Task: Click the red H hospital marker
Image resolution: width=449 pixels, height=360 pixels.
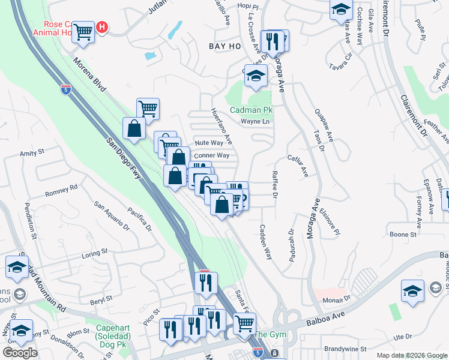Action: [x=103, y=27]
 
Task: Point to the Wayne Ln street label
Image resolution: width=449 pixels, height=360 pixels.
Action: [x=253, y=121]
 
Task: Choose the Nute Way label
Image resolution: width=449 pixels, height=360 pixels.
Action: [x=209, y=143]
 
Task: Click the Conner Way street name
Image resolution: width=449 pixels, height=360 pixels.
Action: [x=211, y=155]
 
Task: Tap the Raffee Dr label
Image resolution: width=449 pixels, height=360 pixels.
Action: [x=274, y=185]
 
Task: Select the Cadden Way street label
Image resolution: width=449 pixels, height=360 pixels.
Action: [x=266, y=242]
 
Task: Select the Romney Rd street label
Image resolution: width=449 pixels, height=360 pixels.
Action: [x=62, y=191]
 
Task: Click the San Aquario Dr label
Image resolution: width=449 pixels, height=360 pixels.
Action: [x=112, y=216]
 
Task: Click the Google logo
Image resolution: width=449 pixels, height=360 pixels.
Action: [x=20, y=353]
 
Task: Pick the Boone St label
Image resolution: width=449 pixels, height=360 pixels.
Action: [x=403, y=235]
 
